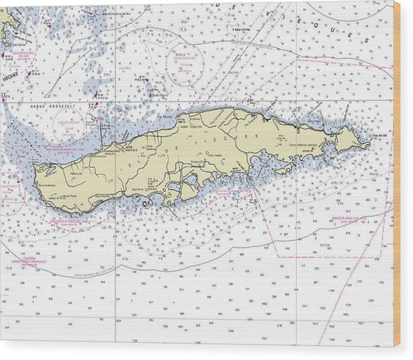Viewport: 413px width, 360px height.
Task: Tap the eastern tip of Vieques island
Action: pyautogui.click(x=369, y=142)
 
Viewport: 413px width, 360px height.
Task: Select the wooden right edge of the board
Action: pyautogui.click(x=397, y=178)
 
